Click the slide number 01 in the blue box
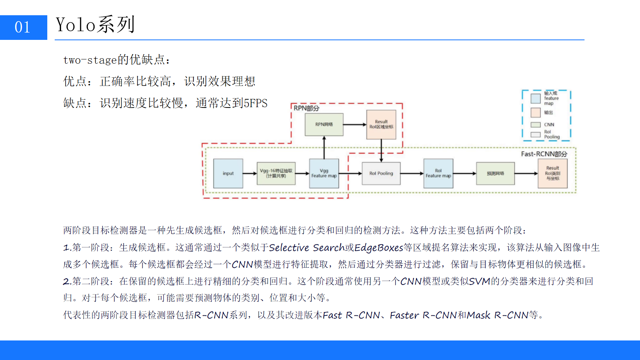coord(22,27)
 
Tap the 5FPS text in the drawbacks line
coord(256,103)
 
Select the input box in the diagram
coord(228,174)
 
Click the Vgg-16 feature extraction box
coord(276,174)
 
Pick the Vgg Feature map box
coord(324,174)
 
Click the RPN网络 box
coord(324,125)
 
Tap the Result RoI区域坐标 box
coord(381,125)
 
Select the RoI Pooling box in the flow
coord(381,174)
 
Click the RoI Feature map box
coord(438,174)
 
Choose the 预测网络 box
coord(495,174)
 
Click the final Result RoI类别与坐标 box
coord(552,174)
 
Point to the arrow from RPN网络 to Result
coord(355,125)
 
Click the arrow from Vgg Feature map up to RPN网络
coord(324,147)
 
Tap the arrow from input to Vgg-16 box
coord(250,174)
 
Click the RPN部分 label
coord(306,108)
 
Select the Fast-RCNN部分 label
coord(544,154)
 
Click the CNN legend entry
coord(549,125)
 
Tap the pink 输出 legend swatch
coord(535,113)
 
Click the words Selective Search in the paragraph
coord(306,248)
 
